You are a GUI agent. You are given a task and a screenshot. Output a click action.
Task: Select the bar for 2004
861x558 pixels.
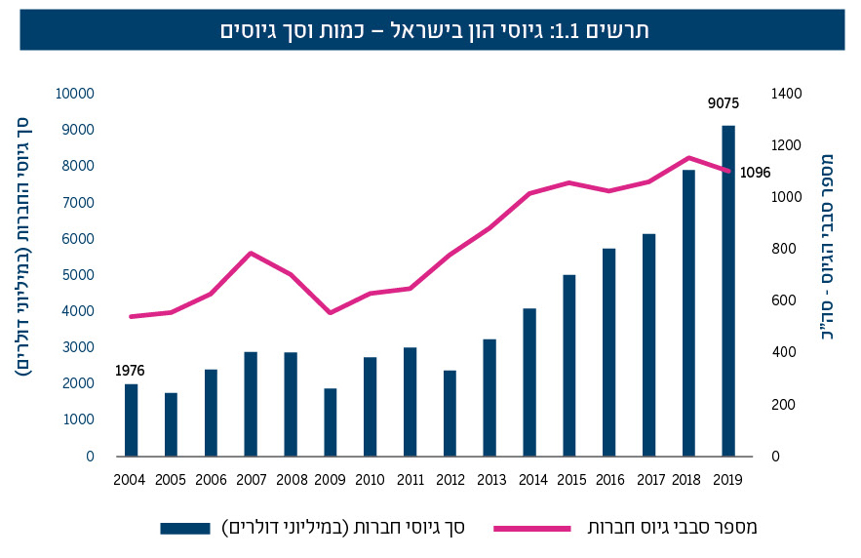(131, 419)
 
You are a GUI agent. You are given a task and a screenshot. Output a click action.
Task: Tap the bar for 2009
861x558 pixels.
(331, 421)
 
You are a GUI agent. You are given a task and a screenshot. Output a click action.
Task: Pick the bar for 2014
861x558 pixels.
(529, 381)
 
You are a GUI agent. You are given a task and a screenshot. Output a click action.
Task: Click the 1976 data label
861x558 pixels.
(130, 371)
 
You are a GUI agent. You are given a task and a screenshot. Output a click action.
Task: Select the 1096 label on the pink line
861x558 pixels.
(754, 173)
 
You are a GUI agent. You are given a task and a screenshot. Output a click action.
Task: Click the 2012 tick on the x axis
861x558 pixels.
(450, 480)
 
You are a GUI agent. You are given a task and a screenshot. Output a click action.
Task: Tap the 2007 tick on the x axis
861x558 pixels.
(251, 480)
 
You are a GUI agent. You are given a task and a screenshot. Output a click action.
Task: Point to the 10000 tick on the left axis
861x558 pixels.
(74, 94)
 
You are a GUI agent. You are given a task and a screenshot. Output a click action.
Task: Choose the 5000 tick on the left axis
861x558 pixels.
(77, 275)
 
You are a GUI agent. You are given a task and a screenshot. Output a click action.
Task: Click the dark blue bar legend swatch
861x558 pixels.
(185, 528)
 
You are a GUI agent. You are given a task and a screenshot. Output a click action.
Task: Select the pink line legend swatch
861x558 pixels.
(532, 528)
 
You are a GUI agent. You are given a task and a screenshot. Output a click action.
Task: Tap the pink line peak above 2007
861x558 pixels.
(252, 253)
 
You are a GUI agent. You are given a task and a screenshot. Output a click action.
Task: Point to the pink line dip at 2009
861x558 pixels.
(331, 312)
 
